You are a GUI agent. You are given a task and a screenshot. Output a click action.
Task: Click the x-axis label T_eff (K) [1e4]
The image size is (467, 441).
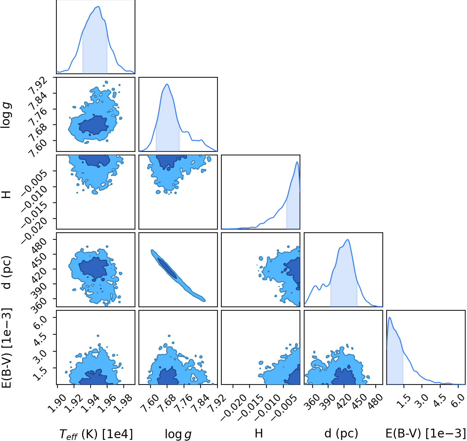coord(96,434)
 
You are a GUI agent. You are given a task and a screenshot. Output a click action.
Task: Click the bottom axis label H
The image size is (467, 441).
coord(259,433)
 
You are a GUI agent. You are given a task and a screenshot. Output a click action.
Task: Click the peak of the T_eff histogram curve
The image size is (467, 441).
coord(99,6)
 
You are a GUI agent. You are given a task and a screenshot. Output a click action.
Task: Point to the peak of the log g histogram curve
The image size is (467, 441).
coord(167,84)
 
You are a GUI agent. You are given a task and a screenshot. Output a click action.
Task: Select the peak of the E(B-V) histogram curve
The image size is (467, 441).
coord(390,317)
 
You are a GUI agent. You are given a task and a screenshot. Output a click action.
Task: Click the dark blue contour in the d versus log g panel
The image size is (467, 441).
coord(167,268)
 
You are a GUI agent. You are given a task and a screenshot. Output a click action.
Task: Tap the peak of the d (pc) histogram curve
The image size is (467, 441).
coord(348,240)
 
